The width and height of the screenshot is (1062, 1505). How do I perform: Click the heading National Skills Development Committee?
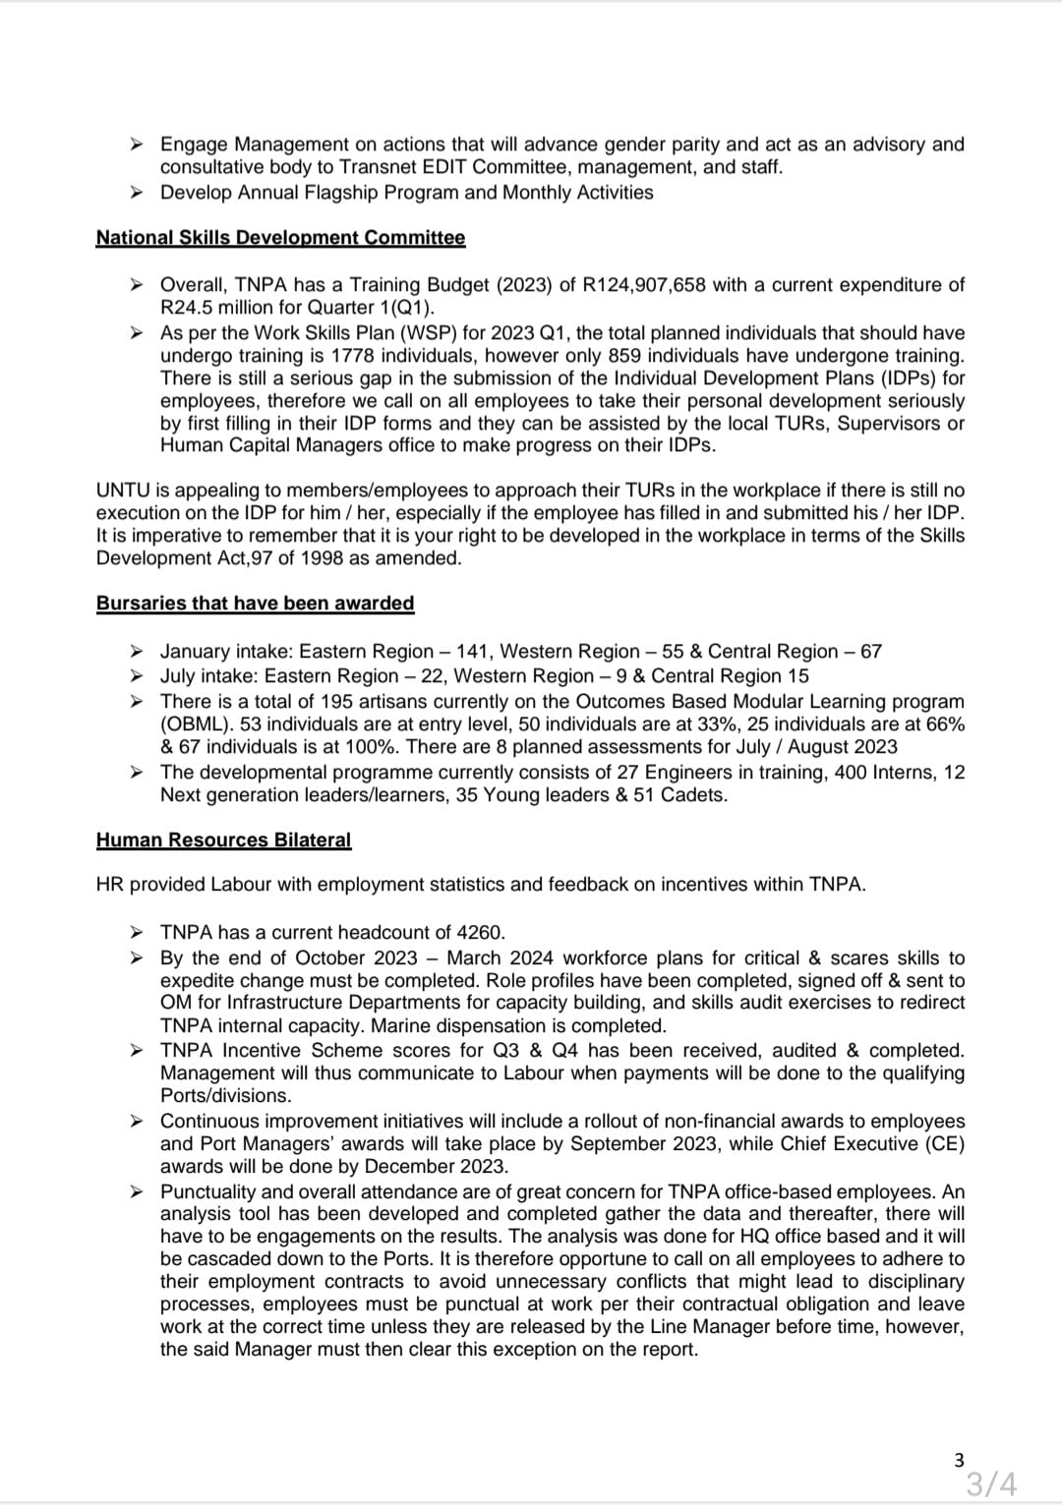[280, 238]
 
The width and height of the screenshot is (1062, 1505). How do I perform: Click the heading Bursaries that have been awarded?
[255, 604]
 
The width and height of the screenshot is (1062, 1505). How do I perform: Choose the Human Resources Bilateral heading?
[223, 840]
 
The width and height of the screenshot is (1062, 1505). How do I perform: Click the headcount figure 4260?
[482, 932]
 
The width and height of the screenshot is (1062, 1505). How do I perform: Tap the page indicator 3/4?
[990, 1482]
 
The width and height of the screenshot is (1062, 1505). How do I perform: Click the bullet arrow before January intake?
[139, 651]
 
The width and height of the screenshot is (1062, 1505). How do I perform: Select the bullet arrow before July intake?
[139, 676]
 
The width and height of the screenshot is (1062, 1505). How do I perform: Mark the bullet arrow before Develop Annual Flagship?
[139, 193]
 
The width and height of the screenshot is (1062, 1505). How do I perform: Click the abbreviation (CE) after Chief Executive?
[944, 1144]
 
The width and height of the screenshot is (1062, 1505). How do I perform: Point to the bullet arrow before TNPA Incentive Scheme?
[139, 1051]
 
